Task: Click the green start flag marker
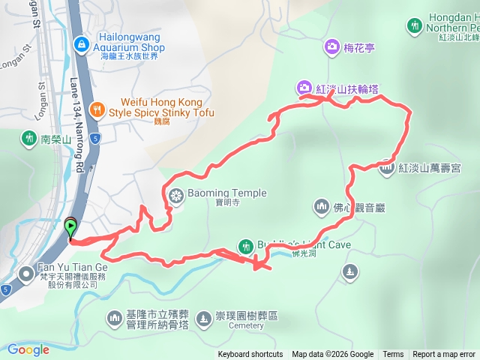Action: [x=70, y=225]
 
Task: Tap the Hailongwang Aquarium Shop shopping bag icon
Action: [x=80, y=44]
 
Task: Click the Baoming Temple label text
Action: [x=228, y=193]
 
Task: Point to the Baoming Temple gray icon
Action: [x=176, y=197]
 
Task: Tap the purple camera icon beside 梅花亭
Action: [x=331, y=49]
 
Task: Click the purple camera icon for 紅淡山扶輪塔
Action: [x=304, y=88]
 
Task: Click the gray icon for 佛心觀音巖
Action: [x=321, y=205]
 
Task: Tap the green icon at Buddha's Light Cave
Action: [x=245, y=245]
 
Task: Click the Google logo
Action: [x=28, y=349]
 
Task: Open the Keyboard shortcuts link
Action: [x=250, y=355]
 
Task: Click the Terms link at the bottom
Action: [x=393, y=355]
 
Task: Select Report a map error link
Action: [x=444, y=355]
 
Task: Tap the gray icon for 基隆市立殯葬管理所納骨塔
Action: [x=114, y=319]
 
